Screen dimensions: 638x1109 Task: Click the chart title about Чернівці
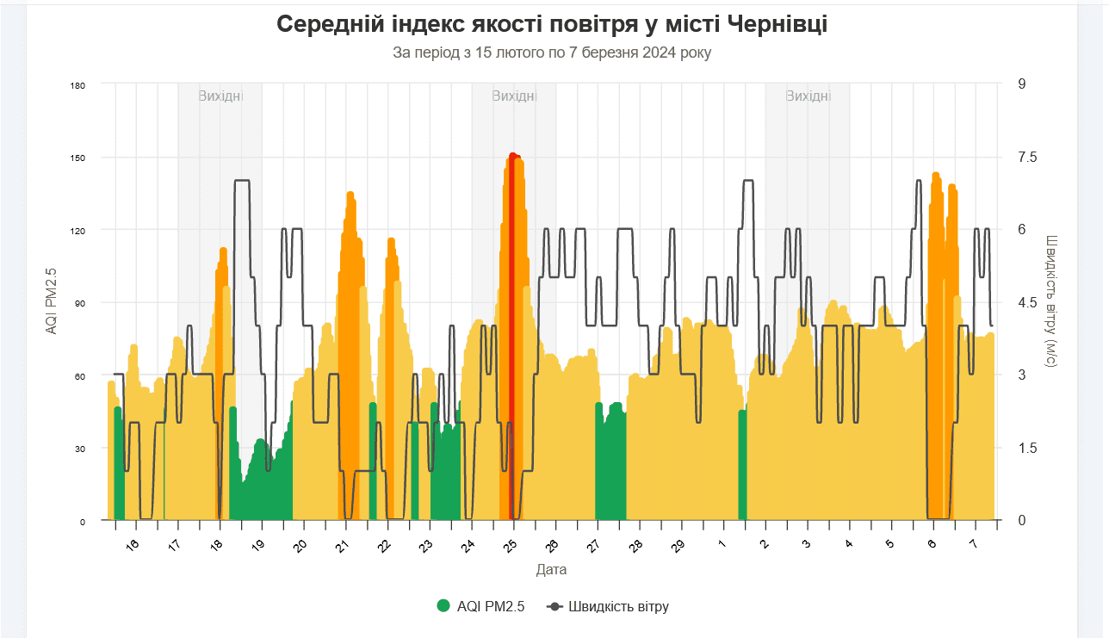coord(552,24)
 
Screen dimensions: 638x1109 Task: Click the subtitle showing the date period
coord(552,53)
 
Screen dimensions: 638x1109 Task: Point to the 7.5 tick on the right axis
coord(1028,157)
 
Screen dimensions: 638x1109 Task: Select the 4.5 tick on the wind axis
coord(1028,302)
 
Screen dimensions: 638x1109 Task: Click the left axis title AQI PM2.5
coord(52,300)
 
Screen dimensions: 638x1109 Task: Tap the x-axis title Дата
coord(551,570)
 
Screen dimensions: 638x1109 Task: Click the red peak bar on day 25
coord(513,258)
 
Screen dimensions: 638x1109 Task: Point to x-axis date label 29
coord(678,545)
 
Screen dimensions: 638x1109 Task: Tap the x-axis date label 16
coord(132,545)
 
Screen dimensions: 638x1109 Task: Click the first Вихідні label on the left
coord(220,96)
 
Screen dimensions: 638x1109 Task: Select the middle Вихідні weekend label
coord(514,96)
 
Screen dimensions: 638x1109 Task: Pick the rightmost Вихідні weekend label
coord(808,96)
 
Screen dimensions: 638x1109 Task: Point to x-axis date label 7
coord(973,545)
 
